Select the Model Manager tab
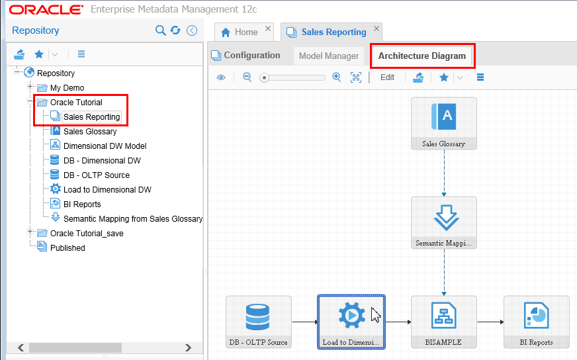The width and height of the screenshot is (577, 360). coord(328,56)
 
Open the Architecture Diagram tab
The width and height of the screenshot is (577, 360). coord(422,56)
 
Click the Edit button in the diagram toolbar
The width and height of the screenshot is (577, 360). coord(387,77)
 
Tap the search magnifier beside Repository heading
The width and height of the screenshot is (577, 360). coord(160,30)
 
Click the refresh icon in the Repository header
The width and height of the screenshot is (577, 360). coord(175,30)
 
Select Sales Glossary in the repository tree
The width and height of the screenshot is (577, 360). coord(89,132)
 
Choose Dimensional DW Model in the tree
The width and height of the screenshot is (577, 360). coord(105,146)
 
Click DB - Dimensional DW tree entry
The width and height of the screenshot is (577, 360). coord(101,161)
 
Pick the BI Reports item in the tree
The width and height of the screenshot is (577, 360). coord(82,204)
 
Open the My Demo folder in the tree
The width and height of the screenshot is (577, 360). coord(67,88)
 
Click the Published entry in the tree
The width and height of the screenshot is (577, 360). coord(67,248)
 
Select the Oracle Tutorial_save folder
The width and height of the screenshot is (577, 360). coord(86,234)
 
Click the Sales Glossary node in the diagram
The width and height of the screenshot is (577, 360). coord(443,123)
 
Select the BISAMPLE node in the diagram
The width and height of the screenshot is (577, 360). coord(443,322)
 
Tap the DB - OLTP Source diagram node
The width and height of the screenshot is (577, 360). coord(258,322)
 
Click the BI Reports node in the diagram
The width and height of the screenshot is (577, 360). coord(536,322)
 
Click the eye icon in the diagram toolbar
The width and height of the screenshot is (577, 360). coord(221,77)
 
